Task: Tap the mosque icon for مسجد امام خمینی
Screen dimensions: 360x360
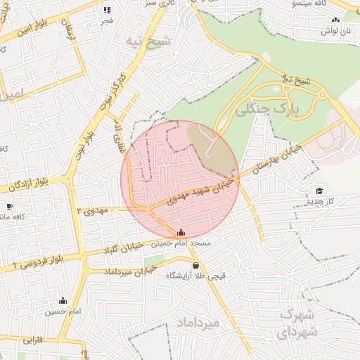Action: click(181, 232)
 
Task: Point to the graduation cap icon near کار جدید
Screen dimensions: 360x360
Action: click(320, 191)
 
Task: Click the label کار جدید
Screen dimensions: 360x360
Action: click(320, 202)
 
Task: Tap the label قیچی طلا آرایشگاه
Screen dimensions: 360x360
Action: click(195, 276)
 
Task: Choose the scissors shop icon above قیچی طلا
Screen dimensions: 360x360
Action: click(195, 266)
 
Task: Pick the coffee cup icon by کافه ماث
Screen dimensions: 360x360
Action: click(8, 206)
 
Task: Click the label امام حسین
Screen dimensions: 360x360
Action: click(63, 311)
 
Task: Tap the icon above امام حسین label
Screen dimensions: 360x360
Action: click(63, 300)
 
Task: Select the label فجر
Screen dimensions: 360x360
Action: click(107, 21)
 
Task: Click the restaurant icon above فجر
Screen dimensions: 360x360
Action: click(107, 10)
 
